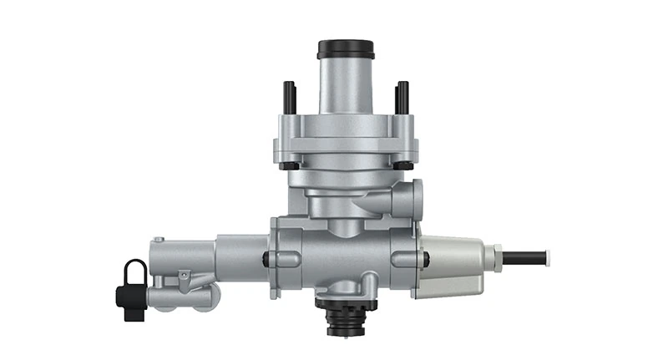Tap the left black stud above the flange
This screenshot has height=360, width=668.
click(x=289, y=95)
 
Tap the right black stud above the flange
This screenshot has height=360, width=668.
click(x=402, y=95)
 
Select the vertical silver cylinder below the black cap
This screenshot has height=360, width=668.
click(x=346, y=84)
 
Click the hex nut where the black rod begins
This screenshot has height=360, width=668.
click(x=498, y=256)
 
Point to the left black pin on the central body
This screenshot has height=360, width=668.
click(x=266, y=259)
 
